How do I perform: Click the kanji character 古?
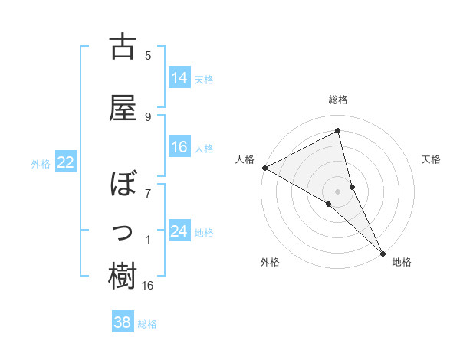point(123,47)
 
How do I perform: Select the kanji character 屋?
point(123,108)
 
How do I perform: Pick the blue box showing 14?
point(179,77)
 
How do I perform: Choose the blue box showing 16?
point(179,147)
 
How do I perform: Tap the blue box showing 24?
point(179,231)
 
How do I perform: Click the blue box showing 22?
point(66,162)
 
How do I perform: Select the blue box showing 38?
point(123,322)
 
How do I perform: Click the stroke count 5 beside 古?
point(148,54)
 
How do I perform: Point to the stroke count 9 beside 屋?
point(148,116)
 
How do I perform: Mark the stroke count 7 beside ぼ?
point(148,193)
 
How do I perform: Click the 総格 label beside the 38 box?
point(147,324)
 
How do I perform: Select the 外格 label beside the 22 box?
point(41,163)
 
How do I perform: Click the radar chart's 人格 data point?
point(264,168)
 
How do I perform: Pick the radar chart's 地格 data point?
point(383,252)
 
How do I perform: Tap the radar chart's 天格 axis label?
point(431,159)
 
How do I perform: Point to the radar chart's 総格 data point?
point(337,132)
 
